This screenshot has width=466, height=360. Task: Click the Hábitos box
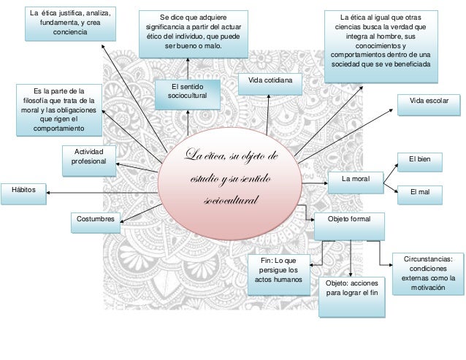click(24, 194)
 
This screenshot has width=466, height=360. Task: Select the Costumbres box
click(96, 223)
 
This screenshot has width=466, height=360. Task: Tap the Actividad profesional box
click(89, 161)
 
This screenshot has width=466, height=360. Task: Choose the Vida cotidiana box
click(270, 85)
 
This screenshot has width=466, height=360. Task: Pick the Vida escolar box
click(429, 105)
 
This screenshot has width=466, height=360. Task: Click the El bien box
click(420, 162)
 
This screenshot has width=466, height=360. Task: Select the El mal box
click(420, 195)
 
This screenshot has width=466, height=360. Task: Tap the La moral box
click(356, 183)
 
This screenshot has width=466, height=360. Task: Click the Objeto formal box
click(349, 226)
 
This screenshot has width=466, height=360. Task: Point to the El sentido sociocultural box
click(188, 95)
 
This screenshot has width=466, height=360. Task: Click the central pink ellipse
click(230, 184)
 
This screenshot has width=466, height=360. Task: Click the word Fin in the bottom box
click(266, 261)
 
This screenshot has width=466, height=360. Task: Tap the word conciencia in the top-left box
click(70, 32)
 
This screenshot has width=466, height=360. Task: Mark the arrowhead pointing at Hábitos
click(48, 193)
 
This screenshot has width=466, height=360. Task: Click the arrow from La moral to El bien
click(391, 174)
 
